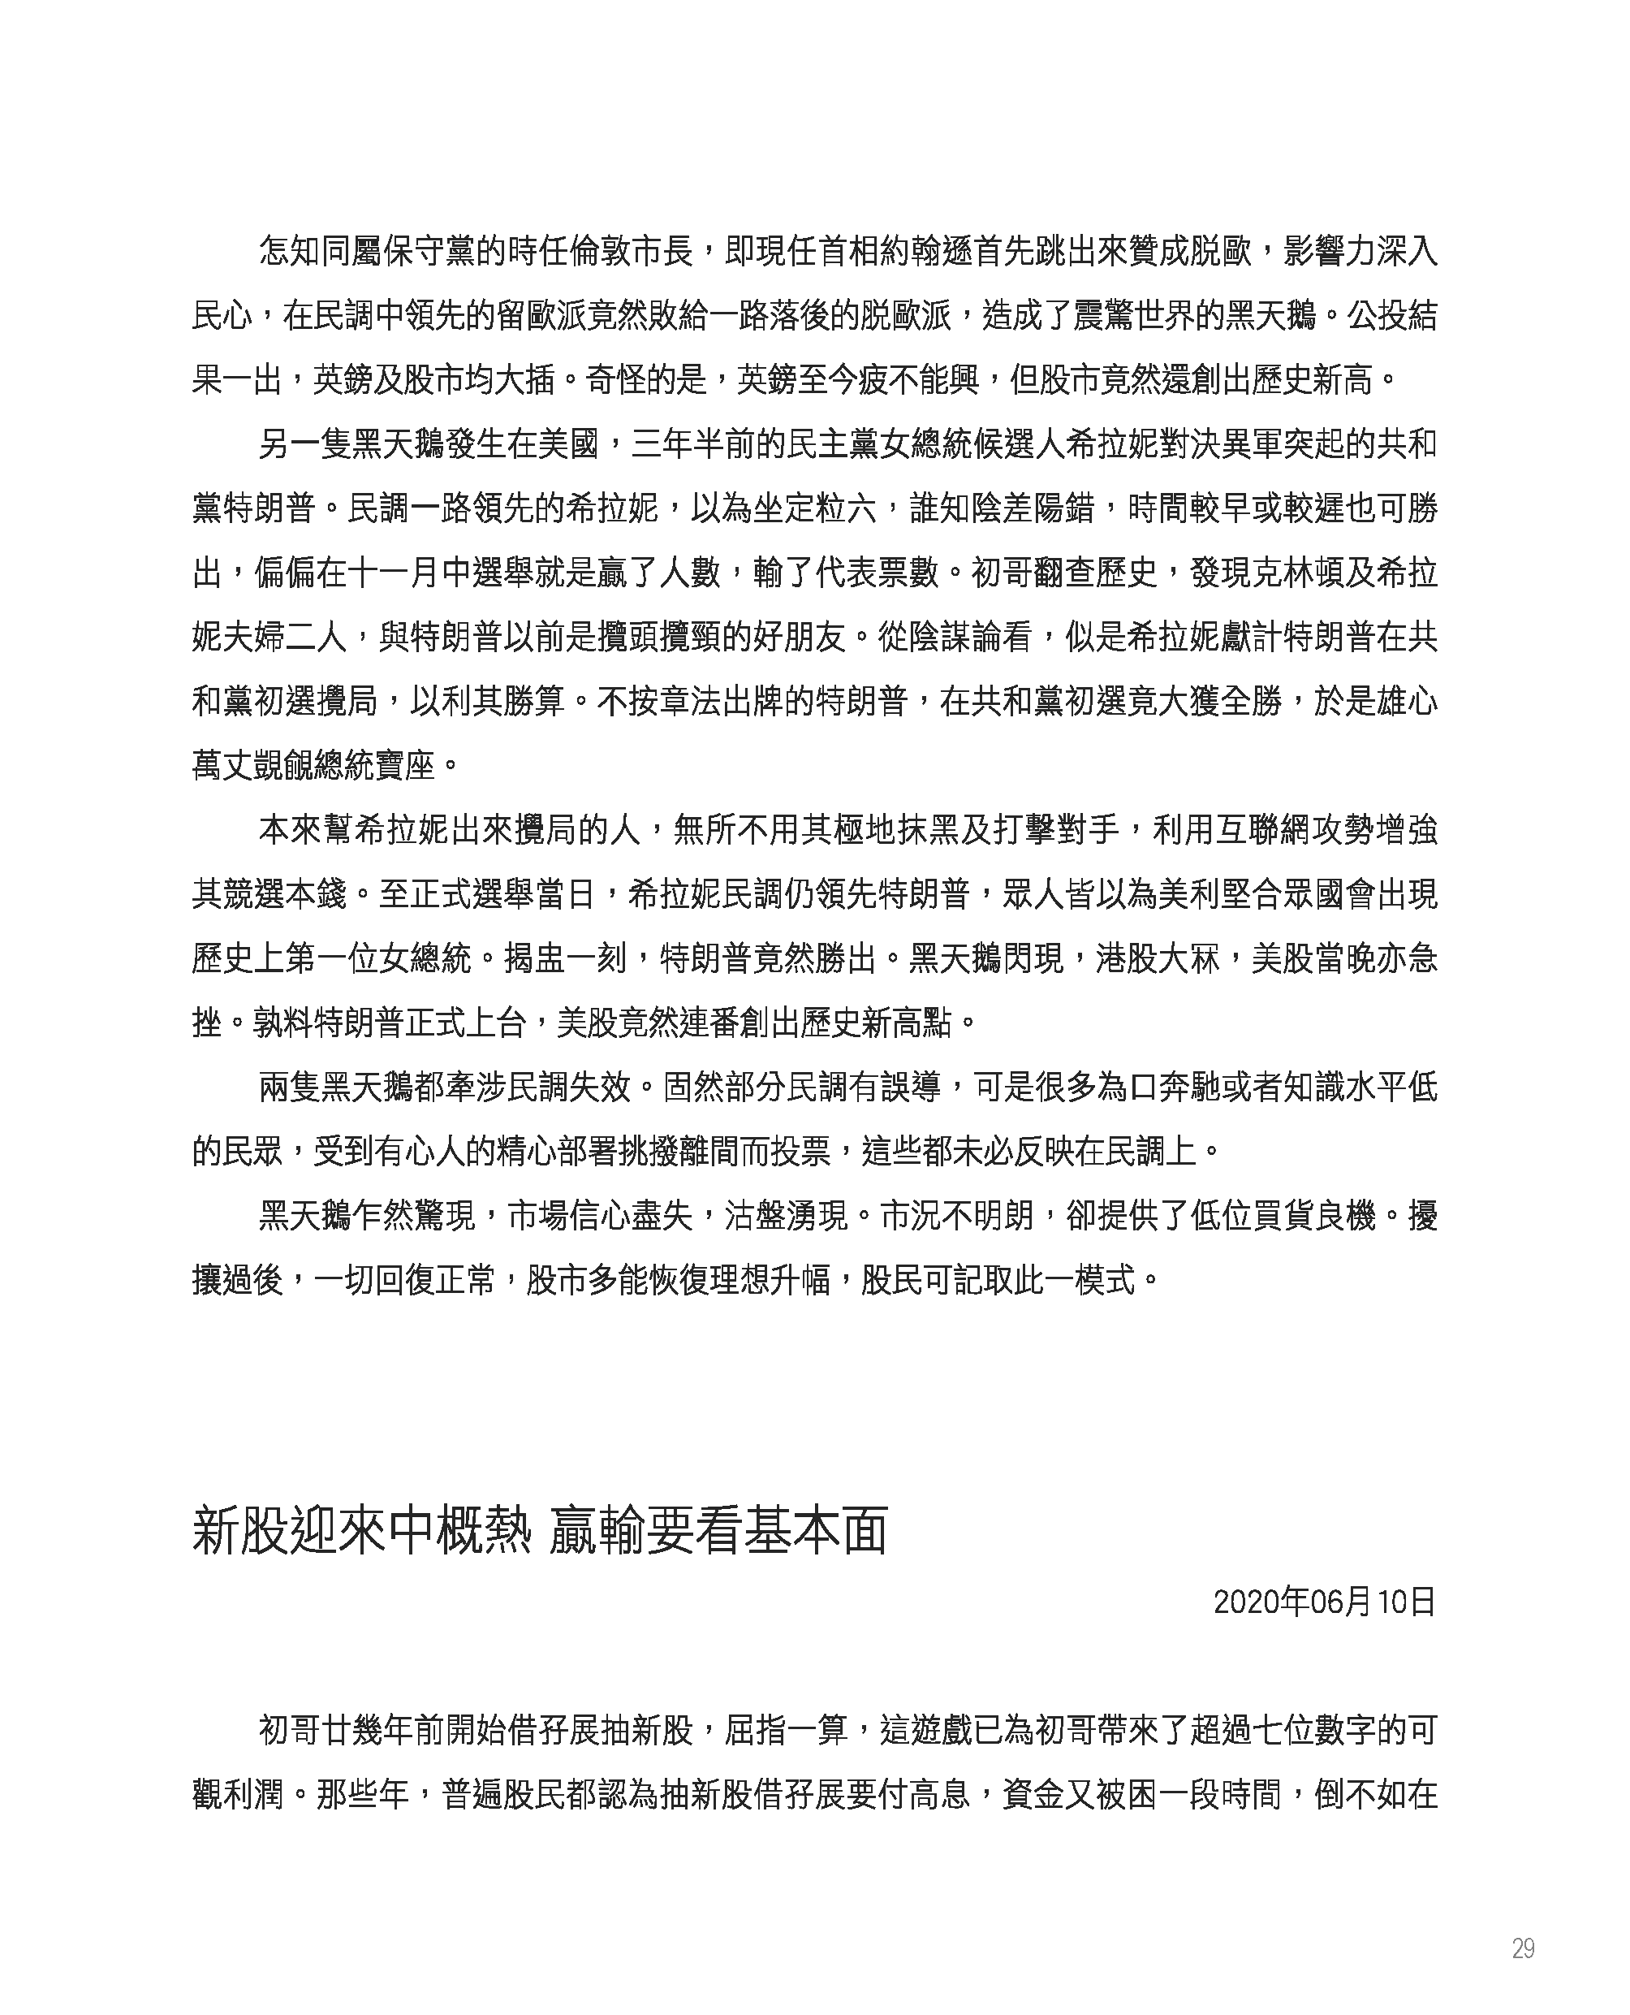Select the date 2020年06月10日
(x=1324, y=1602)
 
